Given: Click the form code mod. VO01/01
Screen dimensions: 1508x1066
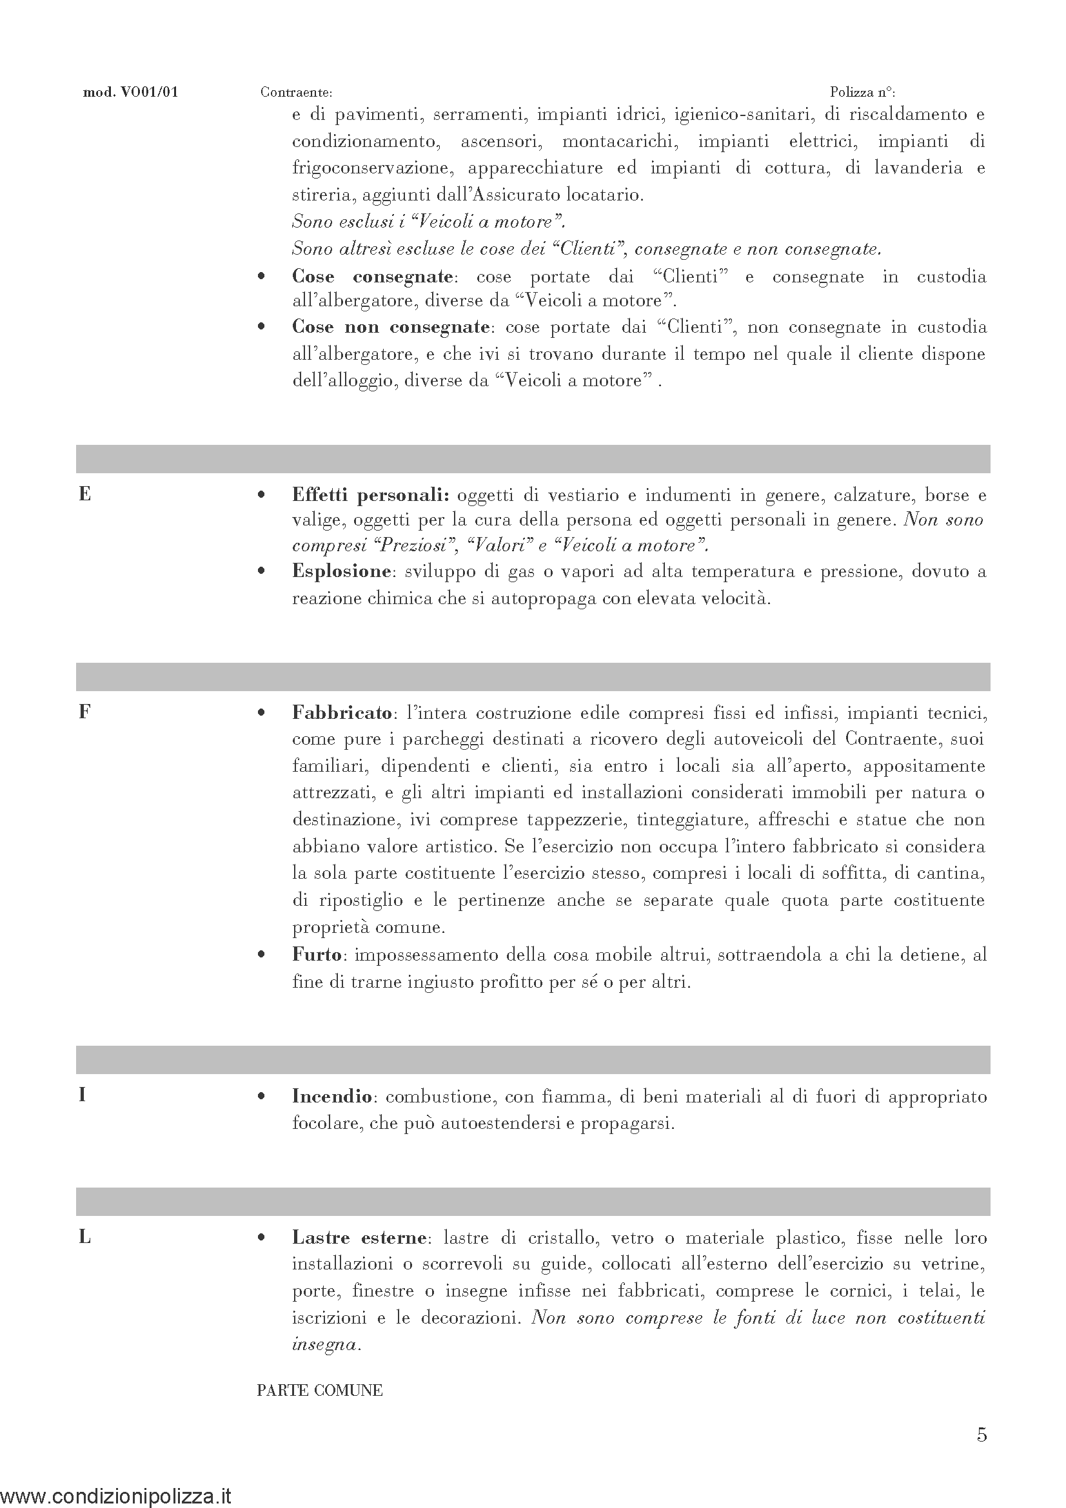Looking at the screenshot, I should (130, 93).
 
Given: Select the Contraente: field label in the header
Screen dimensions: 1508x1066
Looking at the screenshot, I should (296, 93).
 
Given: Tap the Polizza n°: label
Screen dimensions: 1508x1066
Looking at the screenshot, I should (862, 93).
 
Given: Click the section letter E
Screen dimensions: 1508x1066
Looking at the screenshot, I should (84, 494).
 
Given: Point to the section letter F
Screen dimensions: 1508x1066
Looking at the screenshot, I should (84, 712).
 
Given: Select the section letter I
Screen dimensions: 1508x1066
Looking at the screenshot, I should (82, 1095).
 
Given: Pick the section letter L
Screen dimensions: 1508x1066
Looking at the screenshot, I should (84, 1237).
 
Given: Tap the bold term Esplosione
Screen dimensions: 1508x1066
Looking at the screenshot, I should (342, 571).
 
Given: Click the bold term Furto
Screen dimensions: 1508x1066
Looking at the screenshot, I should (317, 955).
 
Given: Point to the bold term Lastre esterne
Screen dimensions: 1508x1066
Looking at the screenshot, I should (359, 1238).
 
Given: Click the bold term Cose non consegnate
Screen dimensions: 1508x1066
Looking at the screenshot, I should (391, 327).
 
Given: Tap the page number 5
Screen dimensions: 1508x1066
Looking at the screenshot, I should (982, 1435).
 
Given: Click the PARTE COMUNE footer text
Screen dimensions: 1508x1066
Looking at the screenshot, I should (320, 1391).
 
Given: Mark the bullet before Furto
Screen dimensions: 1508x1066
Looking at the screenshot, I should (262, 955).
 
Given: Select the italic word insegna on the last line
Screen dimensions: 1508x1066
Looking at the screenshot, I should (324, 1344).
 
